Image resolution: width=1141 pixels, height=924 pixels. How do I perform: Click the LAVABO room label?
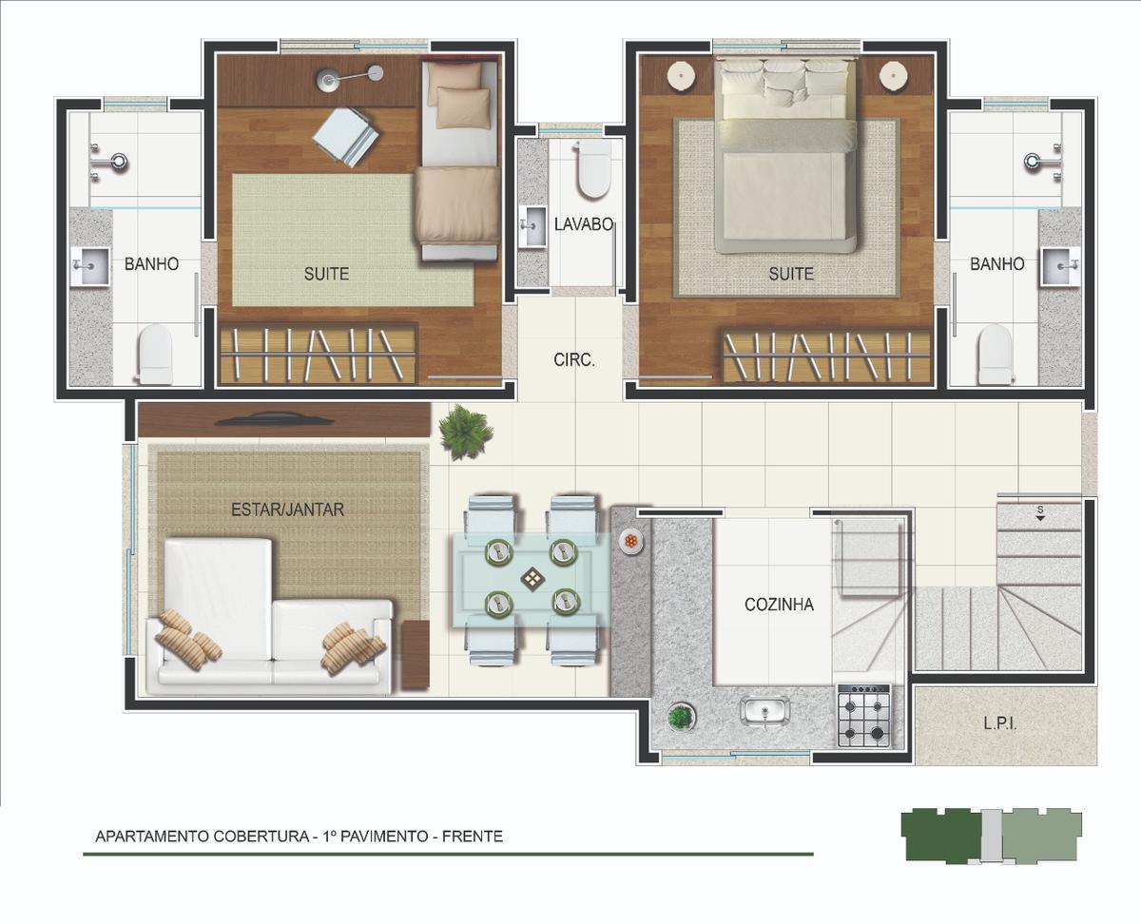584,224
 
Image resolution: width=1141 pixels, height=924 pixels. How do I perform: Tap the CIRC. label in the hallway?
574,360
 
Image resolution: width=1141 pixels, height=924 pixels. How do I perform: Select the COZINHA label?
779,605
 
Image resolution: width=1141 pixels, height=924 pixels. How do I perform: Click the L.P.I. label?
999,723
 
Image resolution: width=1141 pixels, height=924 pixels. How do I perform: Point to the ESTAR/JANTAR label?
287,510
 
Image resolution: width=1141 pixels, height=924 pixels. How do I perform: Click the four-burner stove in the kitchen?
863,716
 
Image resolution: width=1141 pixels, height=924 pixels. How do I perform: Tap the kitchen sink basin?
765,712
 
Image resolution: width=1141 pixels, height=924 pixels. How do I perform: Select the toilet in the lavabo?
593,168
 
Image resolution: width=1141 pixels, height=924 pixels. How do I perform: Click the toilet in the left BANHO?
155,354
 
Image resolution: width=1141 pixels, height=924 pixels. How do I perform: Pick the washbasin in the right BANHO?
1059,267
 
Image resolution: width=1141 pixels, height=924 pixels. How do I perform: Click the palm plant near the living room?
464,433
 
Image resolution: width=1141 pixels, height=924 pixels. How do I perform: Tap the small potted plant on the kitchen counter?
680,717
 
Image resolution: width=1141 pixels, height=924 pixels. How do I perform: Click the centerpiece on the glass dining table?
532,580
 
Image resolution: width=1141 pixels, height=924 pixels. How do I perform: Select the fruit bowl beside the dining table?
630,542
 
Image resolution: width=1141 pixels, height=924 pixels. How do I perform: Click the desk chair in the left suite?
345,138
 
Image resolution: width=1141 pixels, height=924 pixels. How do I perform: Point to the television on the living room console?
274,420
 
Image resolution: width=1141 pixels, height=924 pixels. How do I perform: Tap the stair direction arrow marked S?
1040,518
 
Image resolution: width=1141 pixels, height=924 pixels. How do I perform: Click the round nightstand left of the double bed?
682,75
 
